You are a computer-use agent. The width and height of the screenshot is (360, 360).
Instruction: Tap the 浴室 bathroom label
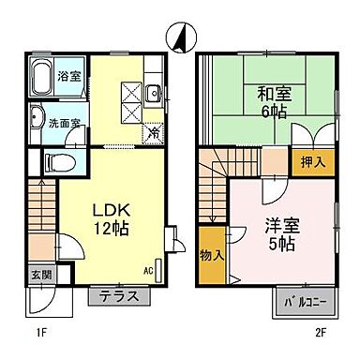coord(67,76)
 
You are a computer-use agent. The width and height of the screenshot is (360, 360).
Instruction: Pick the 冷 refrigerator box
coord(153,133)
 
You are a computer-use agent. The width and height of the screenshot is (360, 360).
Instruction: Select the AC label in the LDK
coord(147,271)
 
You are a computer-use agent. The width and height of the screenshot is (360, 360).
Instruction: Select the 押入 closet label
coord(311,161)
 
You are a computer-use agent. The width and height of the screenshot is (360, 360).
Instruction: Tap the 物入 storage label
coord(212,255)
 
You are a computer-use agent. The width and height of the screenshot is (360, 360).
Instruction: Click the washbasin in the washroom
coord(36,119)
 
